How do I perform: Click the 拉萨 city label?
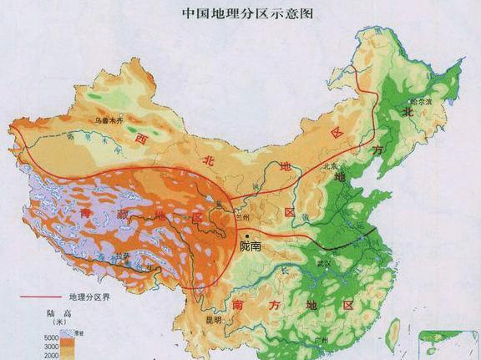pyautogui.click(x=124, y=256)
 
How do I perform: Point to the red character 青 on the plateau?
pyautogui.click(x=86, y=214)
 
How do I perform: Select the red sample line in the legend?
pyautogui.click(x=36, y=297)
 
